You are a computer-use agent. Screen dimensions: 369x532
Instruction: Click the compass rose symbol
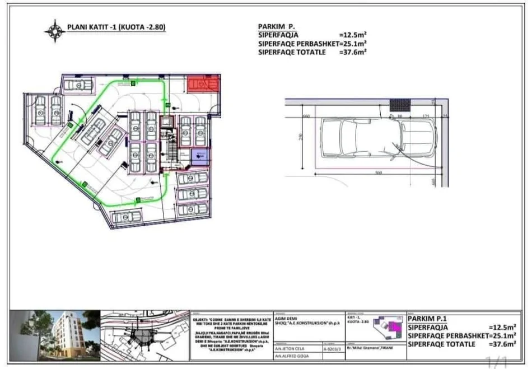55,31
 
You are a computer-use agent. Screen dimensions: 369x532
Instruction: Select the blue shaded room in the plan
200,156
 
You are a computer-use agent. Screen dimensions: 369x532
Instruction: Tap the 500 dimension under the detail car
379,172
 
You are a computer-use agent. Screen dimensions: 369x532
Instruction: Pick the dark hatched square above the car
400,105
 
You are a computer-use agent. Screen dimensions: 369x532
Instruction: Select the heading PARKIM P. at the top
277,26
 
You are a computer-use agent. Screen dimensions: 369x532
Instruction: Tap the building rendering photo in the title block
54,334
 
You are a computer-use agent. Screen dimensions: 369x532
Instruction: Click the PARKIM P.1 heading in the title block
428,319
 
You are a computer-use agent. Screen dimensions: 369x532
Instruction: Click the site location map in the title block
144,334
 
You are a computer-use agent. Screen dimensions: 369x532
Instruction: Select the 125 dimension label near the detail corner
425,116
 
